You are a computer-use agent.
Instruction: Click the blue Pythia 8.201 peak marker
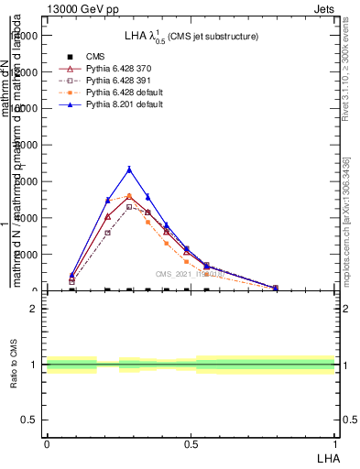pos(129,169)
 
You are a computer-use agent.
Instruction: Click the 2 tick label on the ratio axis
pos(34,309)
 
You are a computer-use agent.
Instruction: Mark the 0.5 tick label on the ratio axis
pos(29,420)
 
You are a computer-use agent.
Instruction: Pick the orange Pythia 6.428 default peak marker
pos(129,196)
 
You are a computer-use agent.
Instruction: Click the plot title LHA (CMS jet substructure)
pos(191,36)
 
